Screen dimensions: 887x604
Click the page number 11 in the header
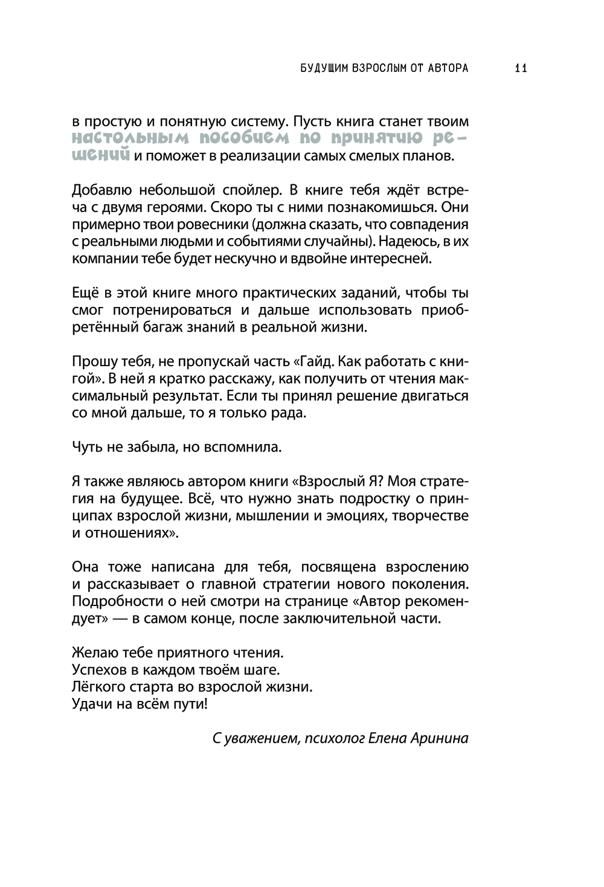tap(521, 68)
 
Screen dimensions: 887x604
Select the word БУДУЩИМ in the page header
tap(325, 68)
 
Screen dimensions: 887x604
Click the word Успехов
tap(97, 670)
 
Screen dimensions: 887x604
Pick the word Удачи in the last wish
tap(90, 704)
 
